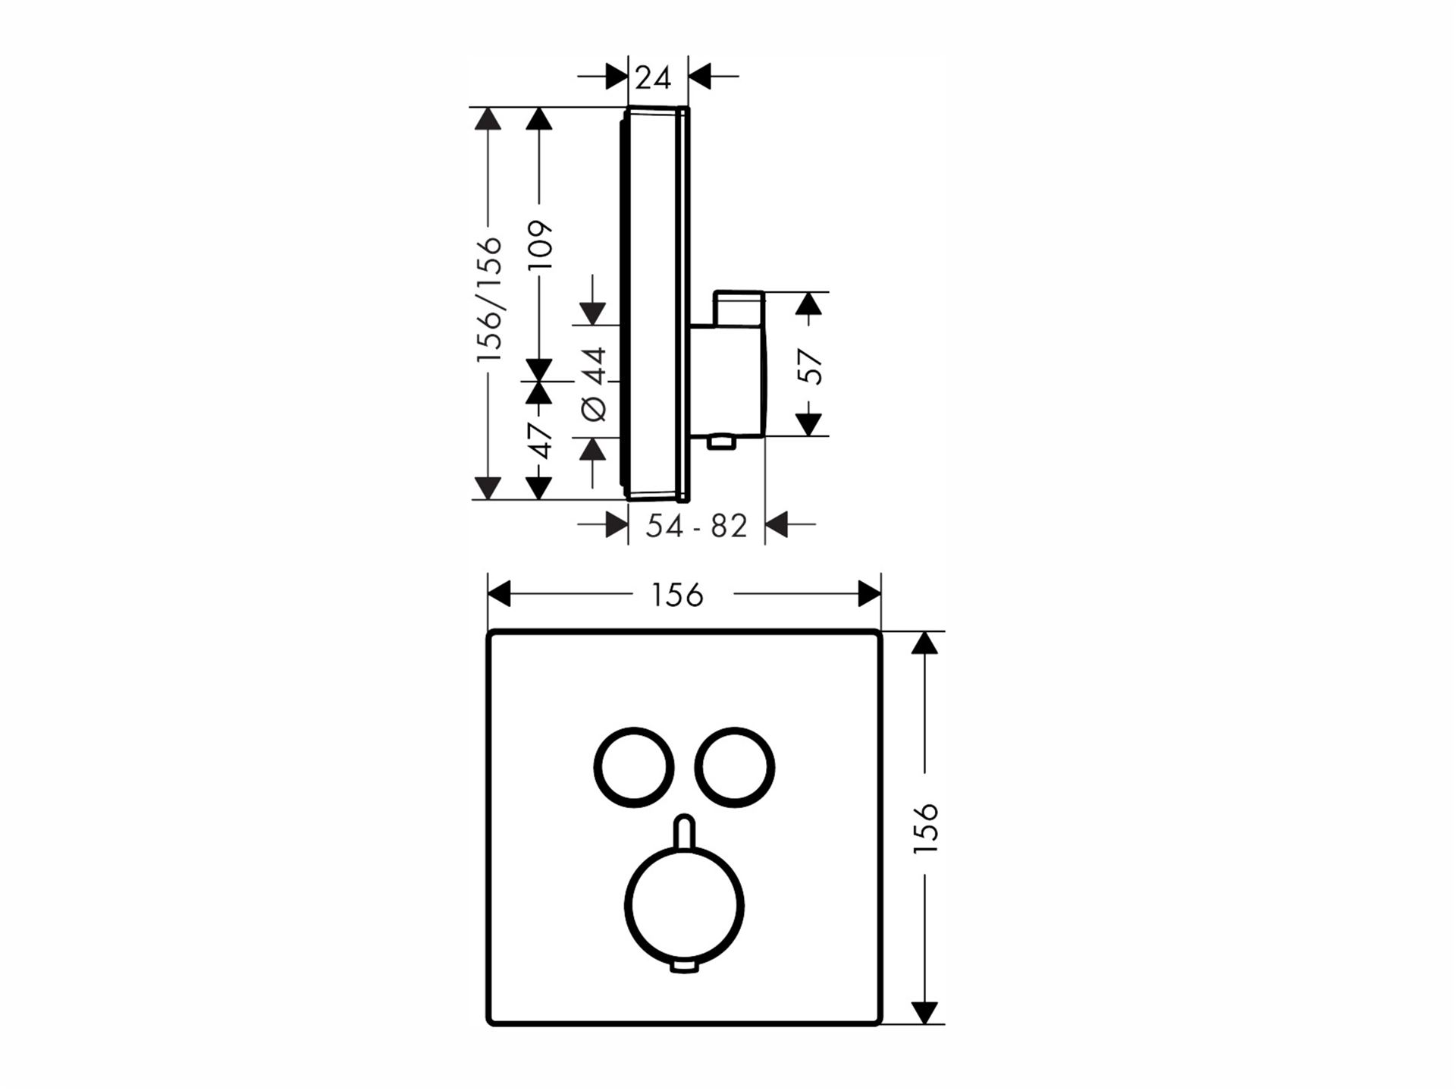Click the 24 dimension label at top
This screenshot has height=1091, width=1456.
(x=653, y=77)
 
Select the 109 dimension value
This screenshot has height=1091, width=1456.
(x=540, y=245)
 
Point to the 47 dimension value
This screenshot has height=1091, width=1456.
(x=540, y=442)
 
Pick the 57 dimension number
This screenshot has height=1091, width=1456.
(x=811, y=366)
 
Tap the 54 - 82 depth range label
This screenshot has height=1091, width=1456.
(x=696, y=526)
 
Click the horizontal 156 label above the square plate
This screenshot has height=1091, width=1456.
(x=677, y=596)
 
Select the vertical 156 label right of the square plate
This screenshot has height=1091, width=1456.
(x=925, y=828)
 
